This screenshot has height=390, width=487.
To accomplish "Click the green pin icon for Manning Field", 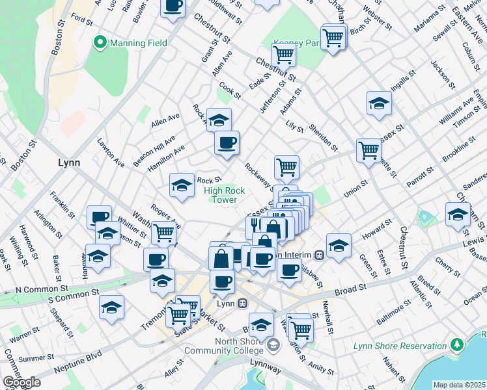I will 100,44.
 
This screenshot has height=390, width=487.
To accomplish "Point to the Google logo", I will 21,382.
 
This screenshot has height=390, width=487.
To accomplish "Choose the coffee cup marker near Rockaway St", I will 227,142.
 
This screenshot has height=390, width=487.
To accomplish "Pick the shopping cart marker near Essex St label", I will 369,150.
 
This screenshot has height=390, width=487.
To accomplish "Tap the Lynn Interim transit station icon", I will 319,254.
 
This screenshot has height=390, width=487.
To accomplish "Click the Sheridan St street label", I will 323,135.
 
